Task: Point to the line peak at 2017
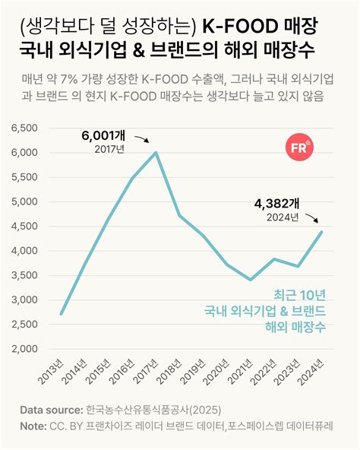click(x=156, y=153)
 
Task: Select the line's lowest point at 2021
click(x=251, y=280)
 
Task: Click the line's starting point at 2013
click(x=62, y=314)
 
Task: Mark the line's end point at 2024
click(x=322, y=232)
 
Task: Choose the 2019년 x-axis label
click(x=195, y=372)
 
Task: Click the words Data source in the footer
click(x=49, y=410)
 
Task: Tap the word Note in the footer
click(x=33, y=426)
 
